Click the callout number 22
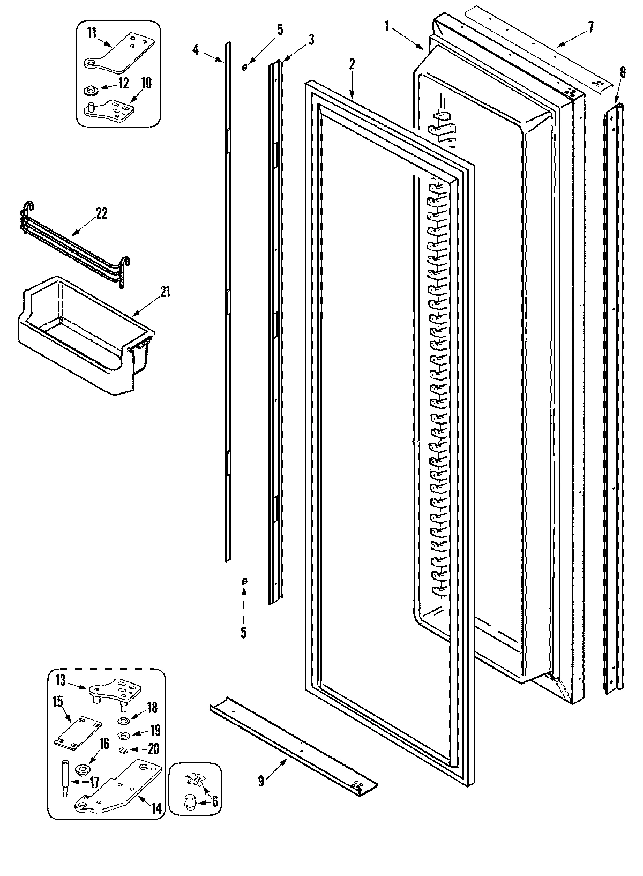coord(101,213)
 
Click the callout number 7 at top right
coord(590,28)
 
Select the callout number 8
coord(622,72)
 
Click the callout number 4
coord(196,50)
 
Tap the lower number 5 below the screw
coord(243,633)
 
